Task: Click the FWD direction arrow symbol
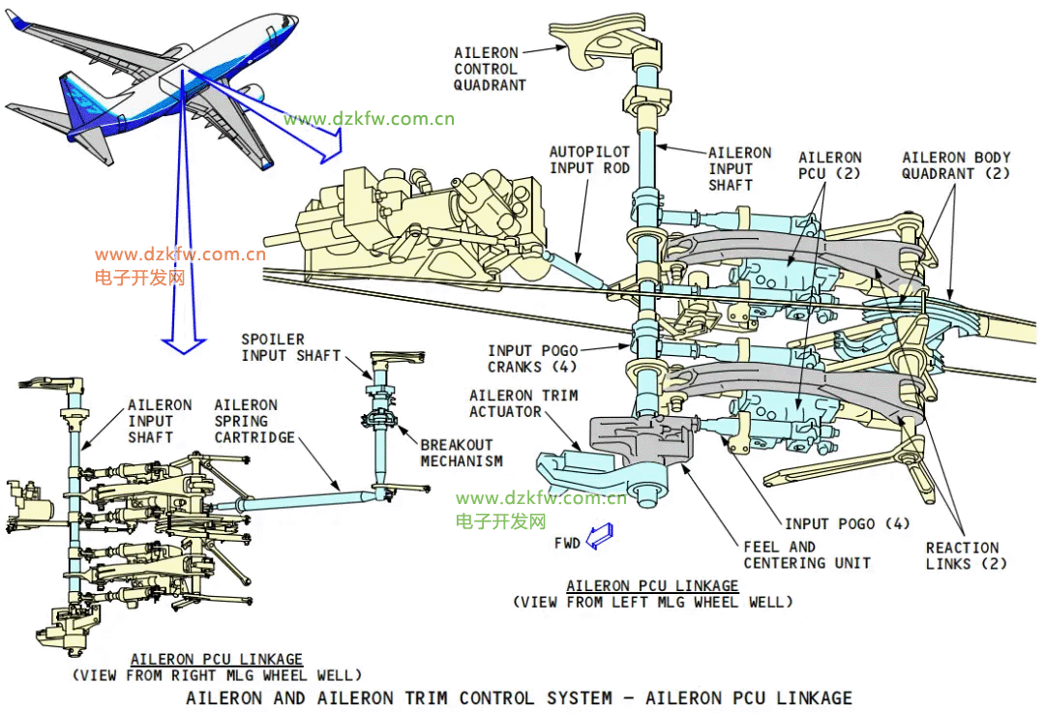(600, 536)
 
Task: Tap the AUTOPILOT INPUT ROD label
(589, 161)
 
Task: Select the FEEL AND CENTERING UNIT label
(807, 554)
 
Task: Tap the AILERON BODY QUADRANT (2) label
(955, 165)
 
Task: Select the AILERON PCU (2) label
(829, 164)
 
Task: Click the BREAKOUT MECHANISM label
(462, 453)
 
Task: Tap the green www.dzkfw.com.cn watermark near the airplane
(369, 120)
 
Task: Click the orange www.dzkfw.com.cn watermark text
(180, 255)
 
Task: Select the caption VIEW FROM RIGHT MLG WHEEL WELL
(217, 674)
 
